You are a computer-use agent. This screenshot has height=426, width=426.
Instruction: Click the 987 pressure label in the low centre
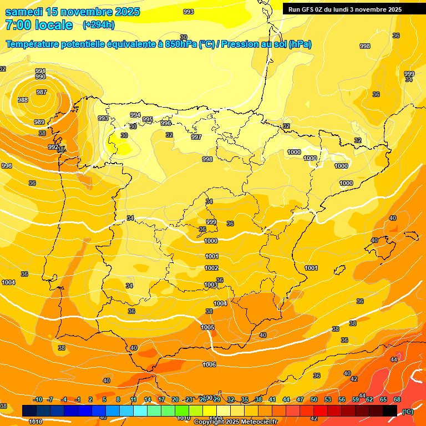click(x=42, y=92)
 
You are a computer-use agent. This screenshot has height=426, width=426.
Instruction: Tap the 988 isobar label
click(x=23, y=100)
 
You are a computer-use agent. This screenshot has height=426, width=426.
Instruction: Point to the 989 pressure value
click(x=39, y=122)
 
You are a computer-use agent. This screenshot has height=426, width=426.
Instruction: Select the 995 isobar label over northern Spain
click(x=148, y=119)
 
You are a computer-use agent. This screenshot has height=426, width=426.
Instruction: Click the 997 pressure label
click(x=196, y=137)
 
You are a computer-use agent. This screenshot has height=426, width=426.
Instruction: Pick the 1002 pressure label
click(x=211, y=268)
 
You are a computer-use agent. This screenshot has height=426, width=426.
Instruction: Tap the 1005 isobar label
click(x=207, y=327)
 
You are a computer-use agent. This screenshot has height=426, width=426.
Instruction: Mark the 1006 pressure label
click(x=209, y=364)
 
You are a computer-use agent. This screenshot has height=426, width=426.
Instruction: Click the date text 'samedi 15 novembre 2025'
click(x=73, y=12)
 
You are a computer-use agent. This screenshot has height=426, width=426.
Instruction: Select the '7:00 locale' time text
click(x=39, y=25)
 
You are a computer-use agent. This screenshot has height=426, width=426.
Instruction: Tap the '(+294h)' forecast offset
click(x=99, y=25)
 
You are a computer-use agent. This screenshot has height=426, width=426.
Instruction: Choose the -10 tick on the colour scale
click(x=38, y=399)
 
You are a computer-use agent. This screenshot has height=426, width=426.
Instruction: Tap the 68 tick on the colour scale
click(x=397, y=399)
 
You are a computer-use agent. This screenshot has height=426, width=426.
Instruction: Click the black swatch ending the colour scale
click(x=390, y=410)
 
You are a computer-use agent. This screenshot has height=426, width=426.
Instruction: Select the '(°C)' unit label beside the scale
click(x=408, y=411)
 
